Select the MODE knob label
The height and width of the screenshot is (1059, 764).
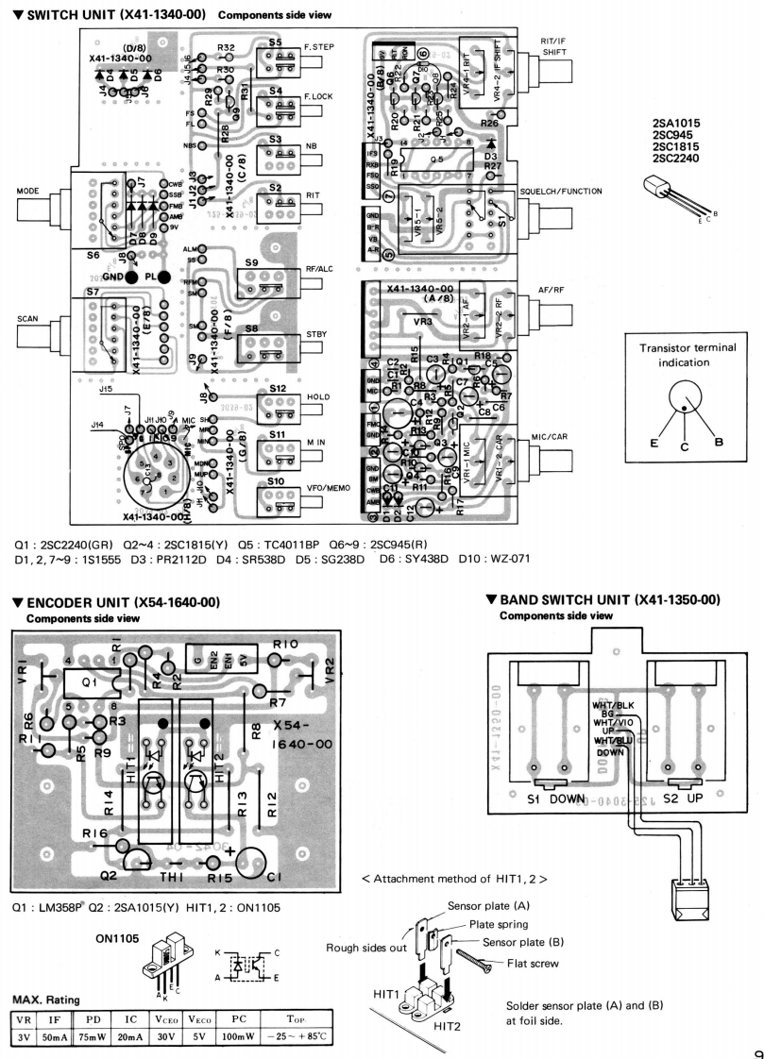click(27, 190)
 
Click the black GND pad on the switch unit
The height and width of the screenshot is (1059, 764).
click(131, 277)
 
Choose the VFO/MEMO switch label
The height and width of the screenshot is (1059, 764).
click(327, 486)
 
